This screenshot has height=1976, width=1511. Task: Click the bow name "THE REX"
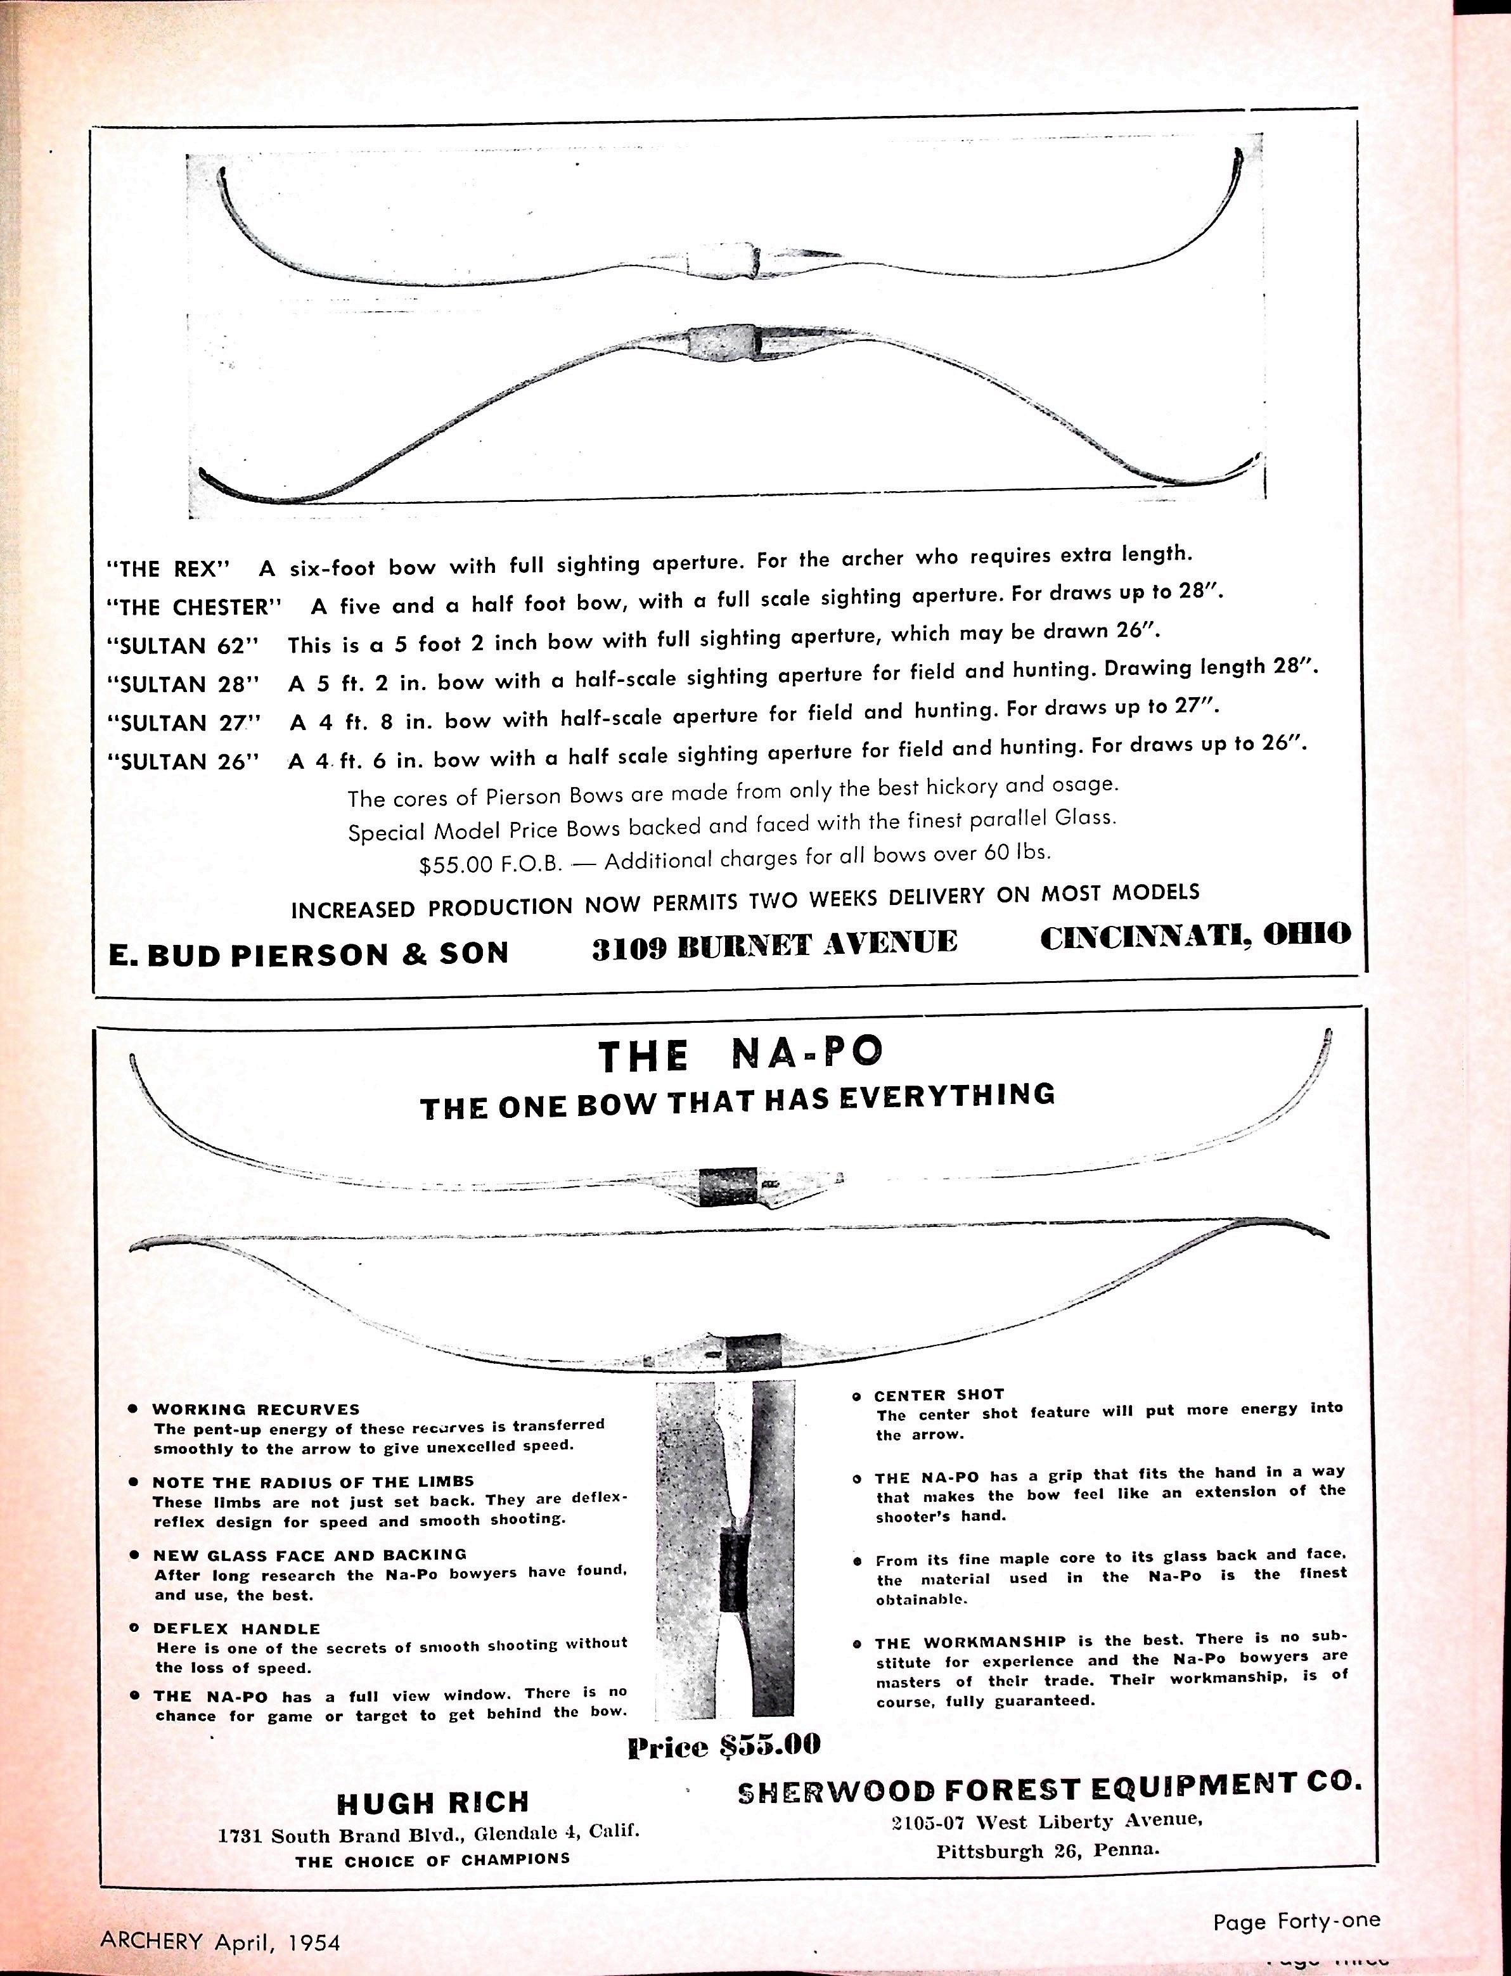pos(168,568)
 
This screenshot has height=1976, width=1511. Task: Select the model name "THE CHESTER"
pos(193,607)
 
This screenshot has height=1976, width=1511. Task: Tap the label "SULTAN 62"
pos(183,646)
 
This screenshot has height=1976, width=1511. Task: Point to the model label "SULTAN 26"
pos(183,762)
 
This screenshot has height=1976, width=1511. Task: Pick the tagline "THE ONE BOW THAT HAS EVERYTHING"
pos(738,1101)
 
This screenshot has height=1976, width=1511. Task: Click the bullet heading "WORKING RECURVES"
pos(255,1409)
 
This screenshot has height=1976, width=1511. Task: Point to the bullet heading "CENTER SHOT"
pos(939,1395)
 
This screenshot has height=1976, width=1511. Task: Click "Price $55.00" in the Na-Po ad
pos(724,1746)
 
